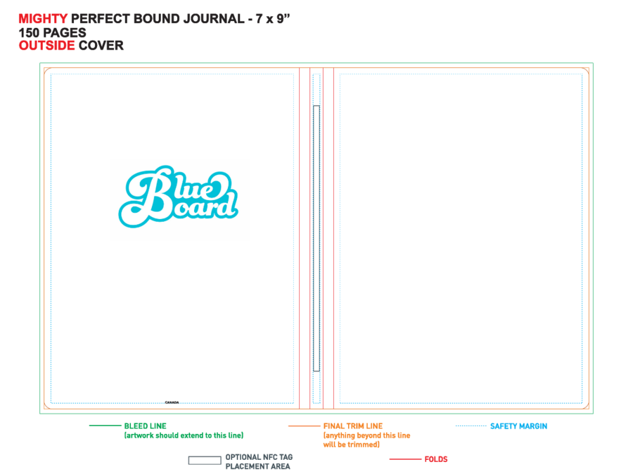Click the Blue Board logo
pos(178,197)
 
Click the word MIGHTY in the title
pos(43,18)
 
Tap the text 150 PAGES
pos(53,32)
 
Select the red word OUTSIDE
pos(47,46)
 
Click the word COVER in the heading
pos(101,46)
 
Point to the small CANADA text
pos(172,402)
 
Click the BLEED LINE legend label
pos(146,426)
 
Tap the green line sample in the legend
pos(105,426)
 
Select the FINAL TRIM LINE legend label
pos(353,426)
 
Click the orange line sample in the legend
pos(304,426)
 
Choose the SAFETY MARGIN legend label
pos(519,426)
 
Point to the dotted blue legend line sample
pos(471,426)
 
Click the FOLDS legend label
pos(436,459)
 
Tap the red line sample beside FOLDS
pos(405,459)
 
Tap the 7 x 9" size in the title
pos(272,18)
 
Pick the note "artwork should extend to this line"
pos(184,435)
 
